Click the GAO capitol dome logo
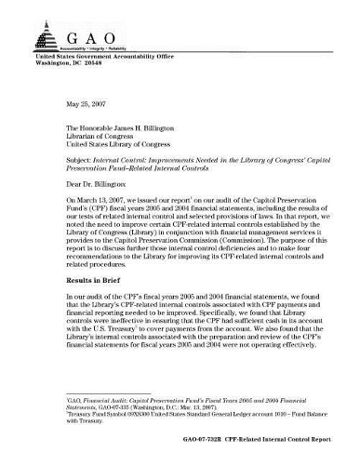click(46, 34)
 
